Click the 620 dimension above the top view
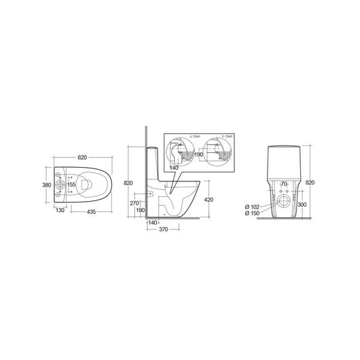pos(82,158)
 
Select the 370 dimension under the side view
pos(164,231)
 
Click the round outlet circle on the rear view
pos(283,201)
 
